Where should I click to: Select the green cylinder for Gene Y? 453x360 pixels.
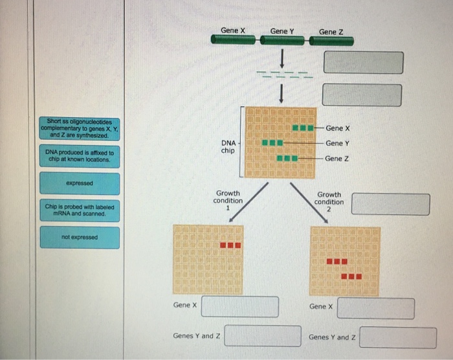283,41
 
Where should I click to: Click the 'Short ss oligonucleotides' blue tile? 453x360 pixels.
79,128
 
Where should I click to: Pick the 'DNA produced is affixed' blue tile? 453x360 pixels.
79,156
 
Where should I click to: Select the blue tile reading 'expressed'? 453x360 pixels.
79,183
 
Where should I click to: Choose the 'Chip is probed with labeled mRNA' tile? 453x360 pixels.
79,210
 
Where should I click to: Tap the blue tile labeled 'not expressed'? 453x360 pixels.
79,238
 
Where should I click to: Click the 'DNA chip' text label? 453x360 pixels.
228,146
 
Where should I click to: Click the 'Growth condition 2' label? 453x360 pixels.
329,201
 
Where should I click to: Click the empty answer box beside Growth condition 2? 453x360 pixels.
390,204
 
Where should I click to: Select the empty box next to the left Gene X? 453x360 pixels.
239,307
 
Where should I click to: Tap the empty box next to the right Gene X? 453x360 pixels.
375,309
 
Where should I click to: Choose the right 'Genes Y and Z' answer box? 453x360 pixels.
398,337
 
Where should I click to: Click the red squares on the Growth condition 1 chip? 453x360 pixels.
230,245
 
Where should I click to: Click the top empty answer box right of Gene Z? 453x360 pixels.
363,63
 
